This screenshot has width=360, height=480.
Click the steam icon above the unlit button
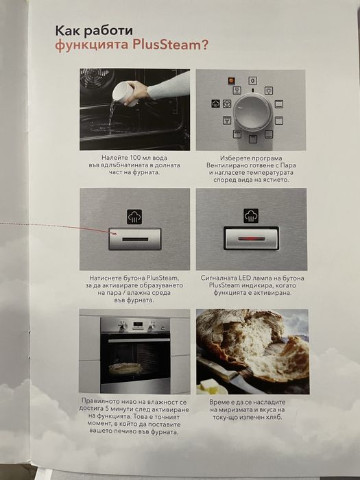pos(134,217)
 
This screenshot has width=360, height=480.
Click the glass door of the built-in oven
pos(134,358)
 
